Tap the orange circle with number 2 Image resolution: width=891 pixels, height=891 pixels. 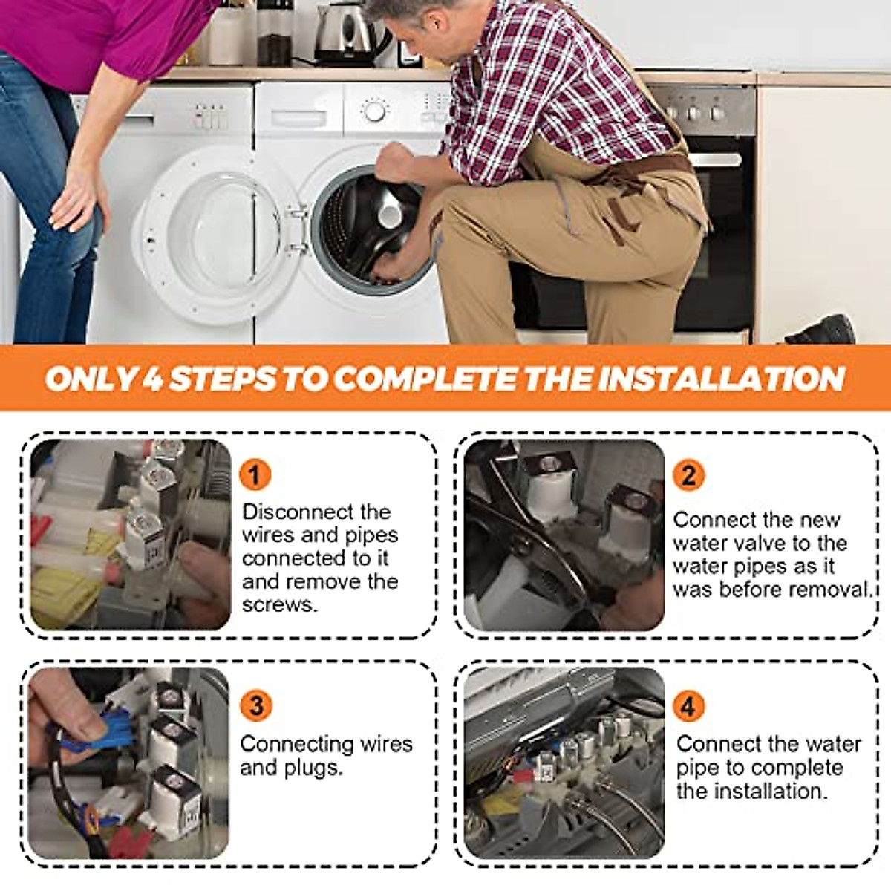[x=688, y=475]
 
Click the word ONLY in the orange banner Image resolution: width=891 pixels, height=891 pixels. [x=90, y=378]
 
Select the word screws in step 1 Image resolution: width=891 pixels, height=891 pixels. [x=279, y=605]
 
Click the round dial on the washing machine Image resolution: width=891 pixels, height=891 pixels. [x=374, y=111]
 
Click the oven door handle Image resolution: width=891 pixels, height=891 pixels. [x=714, y=160]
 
